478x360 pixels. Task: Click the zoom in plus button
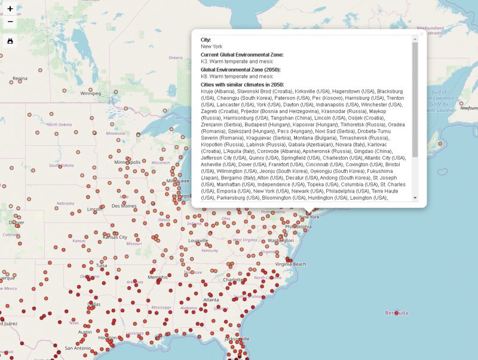tap(10, 9)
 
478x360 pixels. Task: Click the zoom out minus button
tap(10, 22)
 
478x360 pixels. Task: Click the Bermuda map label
tap(397, 313)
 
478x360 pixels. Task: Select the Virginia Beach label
tap(290, 264)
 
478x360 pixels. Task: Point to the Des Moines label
tap(124, 206)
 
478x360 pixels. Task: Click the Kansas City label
tap(115, 237)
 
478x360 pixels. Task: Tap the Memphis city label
tap(158, 277)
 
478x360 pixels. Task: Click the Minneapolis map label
tap(128, 162)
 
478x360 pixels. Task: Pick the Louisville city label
tap(198, 240)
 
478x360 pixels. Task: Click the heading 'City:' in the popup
tap(206, 39)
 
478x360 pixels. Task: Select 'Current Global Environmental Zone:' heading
tap(242, 54)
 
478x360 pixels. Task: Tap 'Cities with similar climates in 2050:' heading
tap(242, 84)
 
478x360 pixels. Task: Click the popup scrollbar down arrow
tap(415, 197)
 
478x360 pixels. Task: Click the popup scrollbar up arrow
tap(415, 39)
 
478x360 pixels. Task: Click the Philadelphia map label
tap(298, 227)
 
